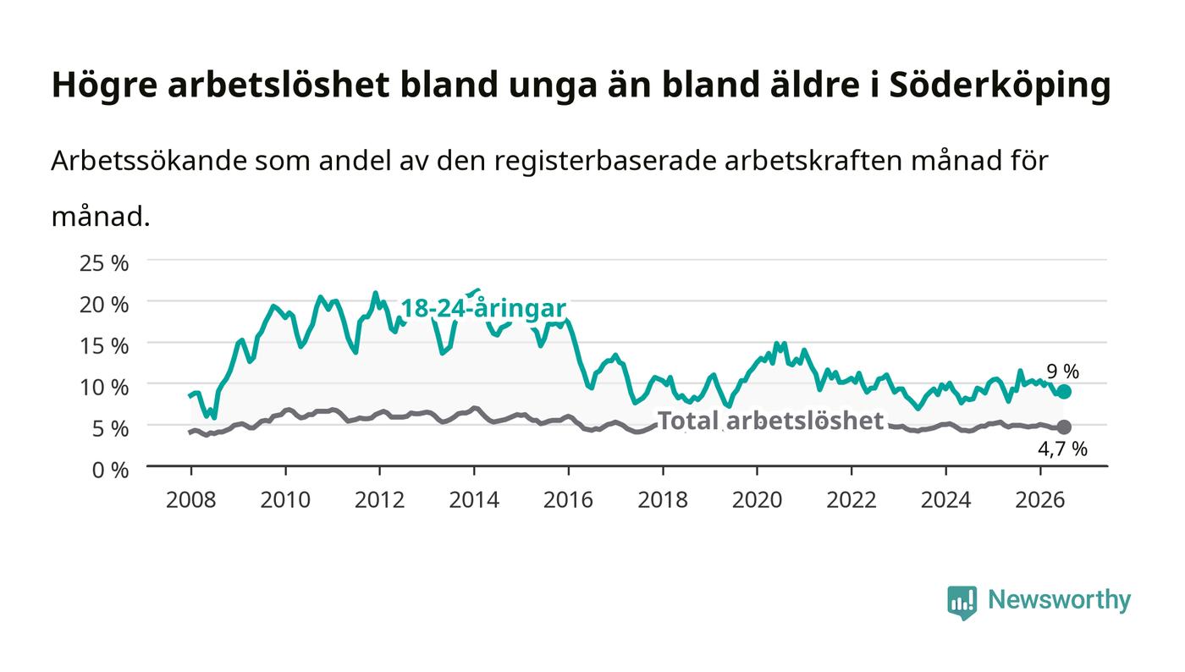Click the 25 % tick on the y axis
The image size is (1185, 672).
tap(103, 263)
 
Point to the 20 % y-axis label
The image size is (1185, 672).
tap(103, 304)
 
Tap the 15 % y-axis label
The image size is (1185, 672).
tap(103, 345)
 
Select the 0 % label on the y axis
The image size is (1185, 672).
tap(110, 470)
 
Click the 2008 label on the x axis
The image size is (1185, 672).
tap(191, 499)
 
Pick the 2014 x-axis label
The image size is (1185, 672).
tap(474, 499)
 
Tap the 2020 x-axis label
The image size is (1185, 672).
tap(757, 499)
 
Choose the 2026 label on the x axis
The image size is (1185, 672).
tap(1040, 499)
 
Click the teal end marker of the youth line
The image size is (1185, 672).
tap(1065, 392)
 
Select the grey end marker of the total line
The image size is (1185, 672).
tap(1065, 427)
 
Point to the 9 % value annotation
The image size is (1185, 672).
tap(1063, 372)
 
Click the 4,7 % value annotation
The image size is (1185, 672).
tap(1063, 449)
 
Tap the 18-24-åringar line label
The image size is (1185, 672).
tap(483, 308)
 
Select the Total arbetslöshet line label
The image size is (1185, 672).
tap(770, 421)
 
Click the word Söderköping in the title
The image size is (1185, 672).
tap(1000, 85)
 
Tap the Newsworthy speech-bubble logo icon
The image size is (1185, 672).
tap(962, 602)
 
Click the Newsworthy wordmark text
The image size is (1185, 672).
tap(1059, 600)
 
